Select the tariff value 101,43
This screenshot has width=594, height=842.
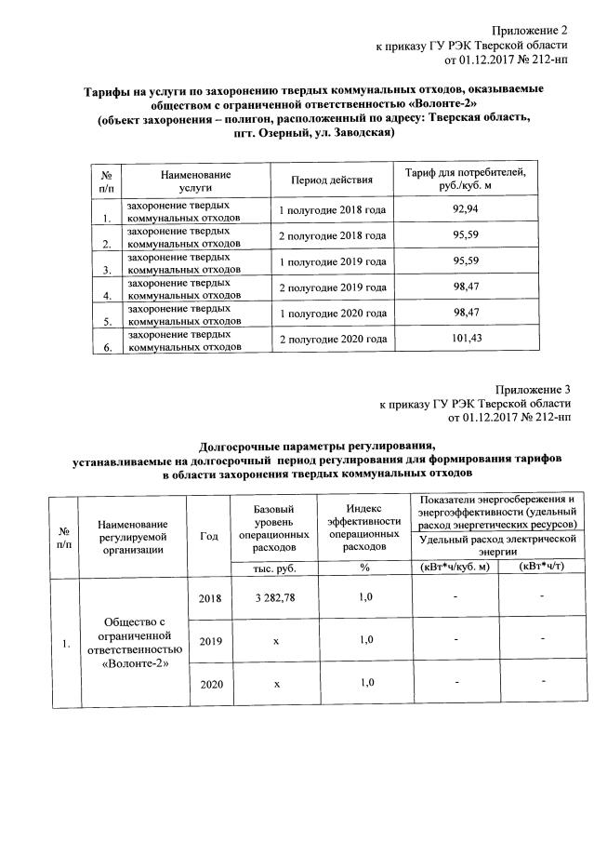(x=466, y=339)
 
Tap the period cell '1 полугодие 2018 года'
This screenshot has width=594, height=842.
(x=332, y=210)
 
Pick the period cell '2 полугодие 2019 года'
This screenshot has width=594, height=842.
(x=332, y=288)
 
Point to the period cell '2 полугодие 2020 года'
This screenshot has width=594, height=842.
(x=332, y=340)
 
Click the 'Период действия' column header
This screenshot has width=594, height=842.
(x=332, y=180)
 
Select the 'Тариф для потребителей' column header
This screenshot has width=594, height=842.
(x=466, y=179)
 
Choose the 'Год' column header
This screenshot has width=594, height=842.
(x=208, y=536)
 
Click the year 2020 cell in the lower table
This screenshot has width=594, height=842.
(x=211, y=684)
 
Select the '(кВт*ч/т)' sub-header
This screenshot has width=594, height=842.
(x=543, y=568)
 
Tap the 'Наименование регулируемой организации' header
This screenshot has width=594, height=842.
(x=136, y=536)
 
